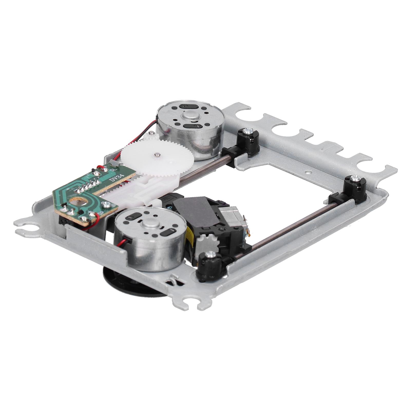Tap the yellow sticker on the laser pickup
tap(189, 235)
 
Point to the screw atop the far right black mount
tap(355, 177)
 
